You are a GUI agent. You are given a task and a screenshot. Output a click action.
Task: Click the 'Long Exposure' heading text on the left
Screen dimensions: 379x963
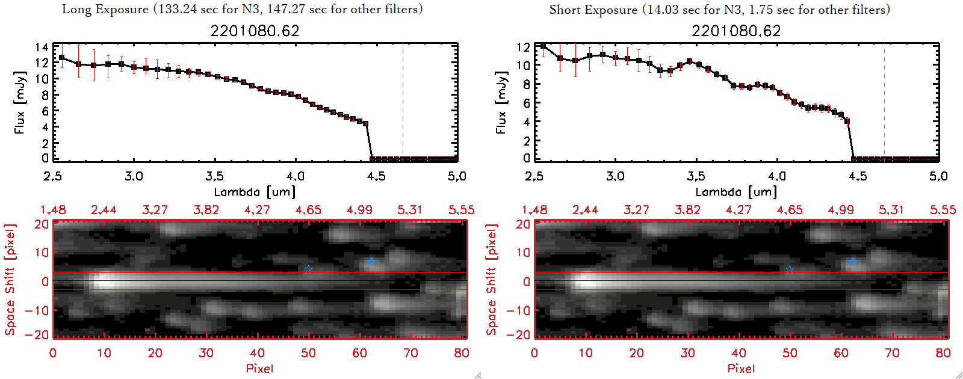click(x=105, y=9)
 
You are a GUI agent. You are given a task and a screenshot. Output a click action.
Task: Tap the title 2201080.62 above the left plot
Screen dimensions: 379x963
click(x=255, y=31)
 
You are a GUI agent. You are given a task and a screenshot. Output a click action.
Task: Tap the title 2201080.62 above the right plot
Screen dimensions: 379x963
click(x=736, y=31)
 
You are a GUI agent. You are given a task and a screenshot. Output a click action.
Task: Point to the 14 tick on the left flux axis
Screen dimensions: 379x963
click(x=42, y=47)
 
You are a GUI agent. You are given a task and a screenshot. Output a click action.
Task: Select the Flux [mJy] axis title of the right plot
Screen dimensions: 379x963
click(x=501, y=102)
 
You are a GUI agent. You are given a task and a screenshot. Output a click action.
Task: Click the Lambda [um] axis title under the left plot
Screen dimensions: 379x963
click(x=255, y=192)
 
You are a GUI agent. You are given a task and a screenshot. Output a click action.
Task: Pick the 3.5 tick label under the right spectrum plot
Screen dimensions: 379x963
click(x=696, y=176)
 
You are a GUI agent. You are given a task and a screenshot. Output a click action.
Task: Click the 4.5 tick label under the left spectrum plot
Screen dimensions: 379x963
click(x=376, y=176)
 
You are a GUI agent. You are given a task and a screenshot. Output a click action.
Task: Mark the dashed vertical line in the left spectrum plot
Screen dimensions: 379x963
click(x=403, y=102)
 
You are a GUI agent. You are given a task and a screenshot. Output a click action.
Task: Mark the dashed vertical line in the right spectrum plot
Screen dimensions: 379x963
click(x=884, y=102)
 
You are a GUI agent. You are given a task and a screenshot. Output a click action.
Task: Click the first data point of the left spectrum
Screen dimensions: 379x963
click(x=61, y=58)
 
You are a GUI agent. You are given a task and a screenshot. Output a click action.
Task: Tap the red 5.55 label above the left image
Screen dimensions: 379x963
click(x=461, y=210)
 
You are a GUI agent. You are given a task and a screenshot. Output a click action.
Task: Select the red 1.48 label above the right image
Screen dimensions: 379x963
click(x=534, y=210)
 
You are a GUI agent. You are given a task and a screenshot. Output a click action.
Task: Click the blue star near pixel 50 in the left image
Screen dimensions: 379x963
click(x=308, y=269)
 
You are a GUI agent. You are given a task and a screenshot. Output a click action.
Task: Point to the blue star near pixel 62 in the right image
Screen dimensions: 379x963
click(x=852, y=262)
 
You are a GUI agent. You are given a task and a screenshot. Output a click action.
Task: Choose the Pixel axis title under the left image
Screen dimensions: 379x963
click(x=259, y=368)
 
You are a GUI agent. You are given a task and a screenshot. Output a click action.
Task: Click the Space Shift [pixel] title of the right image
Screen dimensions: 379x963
click(x=492, y=280)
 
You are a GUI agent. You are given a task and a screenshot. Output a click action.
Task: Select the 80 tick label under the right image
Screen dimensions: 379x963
click(x=943, y=353)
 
